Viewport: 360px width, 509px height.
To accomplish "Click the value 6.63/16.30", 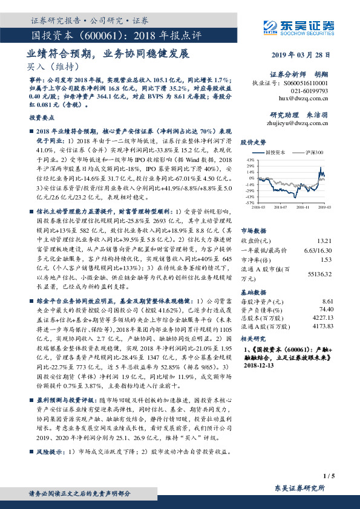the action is [319, 249].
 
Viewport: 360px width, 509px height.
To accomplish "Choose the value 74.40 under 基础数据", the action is [326, 309].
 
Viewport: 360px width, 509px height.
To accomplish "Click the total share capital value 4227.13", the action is [324, 317].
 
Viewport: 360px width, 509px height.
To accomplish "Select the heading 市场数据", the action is [253, 230].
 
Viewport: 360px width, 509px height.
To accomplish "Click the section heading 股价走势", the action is [253, 142].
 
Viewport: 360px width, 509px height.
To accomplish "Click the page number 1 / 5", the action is [329, 477].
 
